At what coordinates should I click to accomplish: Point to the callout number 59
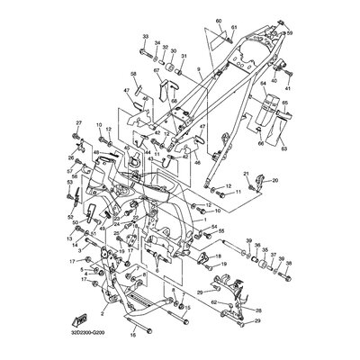tap(290, 32)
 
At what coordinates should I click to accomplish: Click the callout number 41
tap(289, 89)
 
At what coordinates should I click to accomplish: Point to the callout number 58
tap(133, 74)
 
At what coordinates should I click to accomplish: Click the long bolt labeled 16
tap(153, 320)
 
